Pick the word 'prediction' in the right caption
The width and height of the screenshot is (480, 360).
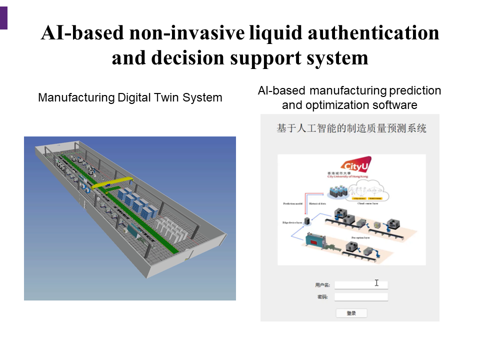coord(416,90)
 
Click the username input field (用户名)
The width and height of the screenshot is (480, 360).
coord(361,285)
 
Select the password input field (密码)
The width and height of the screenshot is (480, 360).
coord(361,297)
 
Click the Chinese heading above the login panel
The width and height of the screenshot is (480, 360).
coord(351,128)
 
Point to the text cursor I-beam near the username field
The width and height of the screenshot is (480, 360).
coord(376,283)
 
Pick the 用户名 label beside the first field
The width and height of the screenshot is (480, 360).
coord(322,285)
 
